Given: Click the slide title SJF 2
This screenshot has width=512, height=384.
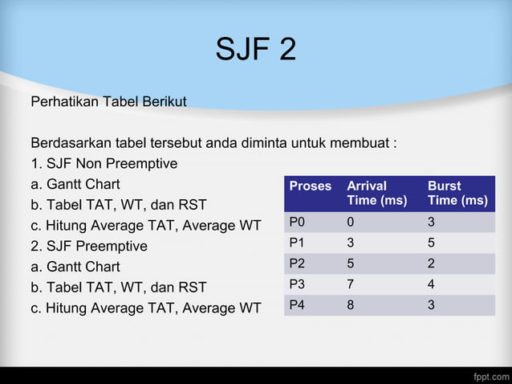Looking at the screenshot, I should [x=255, y=50].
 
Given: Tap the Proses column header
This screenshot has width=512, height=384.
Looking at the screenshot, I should [x=310, y=186].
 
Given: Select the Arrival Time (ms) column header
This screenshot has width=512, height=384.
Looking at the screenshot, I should [x=376, y=193].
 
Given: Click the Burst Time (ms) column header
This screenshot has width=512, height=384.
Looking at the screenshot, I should [x=457, y=193].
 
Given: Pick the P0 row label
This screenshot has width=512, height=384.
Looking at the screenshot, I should [x=297, y=221].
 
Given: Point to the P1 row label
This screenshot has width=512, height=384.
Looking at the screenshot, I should [x=297, y=243].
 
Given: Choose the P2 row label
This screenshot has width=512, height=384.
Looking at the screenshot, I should [x=297, y=263].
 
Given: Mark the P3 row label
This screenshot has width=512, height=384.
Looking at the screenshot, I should [x=297, y=284].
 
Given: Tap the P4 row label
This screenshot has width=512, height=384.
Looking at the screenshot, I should [x=297, y=304].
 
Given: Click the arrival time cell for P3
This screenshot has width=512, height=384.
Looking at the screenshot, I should [x=351, y=284].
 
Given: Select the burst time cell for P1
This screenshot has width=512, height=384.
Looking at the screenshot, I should [x=432, y=243].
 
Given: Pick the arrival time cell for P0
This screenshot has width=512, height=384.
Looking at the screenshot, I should [x=351, y=221].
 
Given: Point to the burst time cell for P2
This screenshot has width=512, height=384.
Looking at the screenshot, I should [x=432, y=263].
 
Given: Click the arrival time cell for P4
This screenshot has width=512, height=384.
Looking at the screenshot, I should [x=351, y=304].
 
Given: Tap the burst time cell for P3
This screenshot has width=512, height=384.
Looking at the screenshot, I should [x=432, y=284].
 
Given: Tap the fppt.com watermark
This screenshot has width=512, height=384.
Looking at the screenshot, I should [x=487, y=375].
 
